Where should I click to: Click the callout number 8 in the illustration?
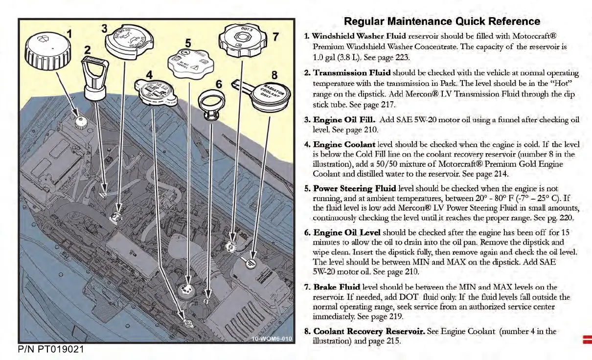click(x=274, y=75)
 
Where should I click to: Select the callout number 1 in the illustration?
click(x=69, y=34)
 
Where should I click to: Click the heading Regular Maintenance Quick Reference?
click(x=442, y=22)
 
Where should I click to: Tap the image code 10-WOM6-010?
click(x=272, y=339)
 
